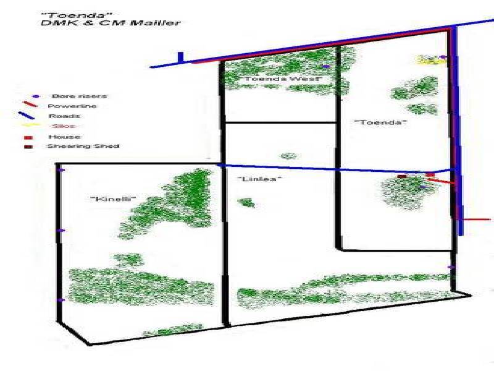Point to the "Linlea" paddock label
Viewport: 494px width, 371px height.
259,179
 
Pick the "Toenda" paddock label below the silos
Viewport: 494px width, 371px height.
381,122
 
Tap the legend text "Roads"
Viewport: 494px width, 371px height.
65,116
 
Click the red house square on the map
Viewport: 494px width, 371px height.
430,175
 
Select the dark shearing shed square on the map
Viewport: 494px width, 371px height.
402,176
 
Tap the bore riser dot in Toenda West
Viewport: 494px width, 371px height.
325,66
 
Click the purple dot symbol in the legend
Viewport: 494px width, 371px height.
35,96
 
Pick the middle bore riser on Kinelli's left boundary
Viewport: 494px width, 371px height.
61,231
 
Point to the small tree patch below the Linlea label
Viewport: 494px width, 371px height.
246,202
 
